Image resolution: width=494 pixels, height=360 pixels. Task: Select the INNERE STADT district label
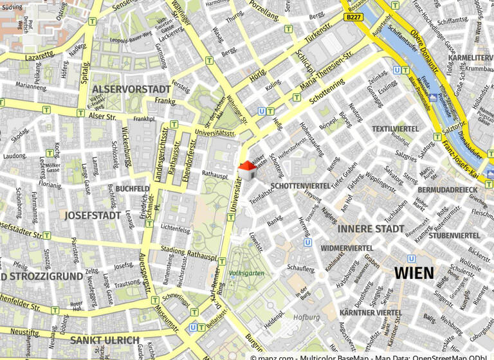point(370,229)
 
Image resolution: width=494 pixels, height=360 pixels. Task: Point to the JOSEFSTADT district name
point(93,215)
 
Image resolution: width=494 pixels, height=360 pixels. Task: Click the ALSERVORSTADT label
point(131,89)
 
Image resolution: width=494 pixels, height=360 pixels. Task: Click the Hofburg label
point(306,318)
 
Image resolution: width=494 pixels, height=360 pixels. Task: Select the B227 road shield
point(353,17)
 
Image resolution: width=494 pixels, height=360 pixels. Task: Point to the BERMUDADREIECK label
point(448,190)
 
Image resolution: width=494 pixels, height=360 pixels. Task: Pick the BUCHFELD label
point(133,189)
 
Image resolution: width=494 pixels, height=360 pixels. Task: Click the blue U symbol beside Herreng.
point(307,243)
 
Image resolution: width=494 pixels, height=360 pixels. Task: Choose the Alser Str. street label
point(103,117)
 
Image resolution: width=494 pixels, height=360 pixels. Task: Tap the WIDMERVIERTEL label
point(347,248)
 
